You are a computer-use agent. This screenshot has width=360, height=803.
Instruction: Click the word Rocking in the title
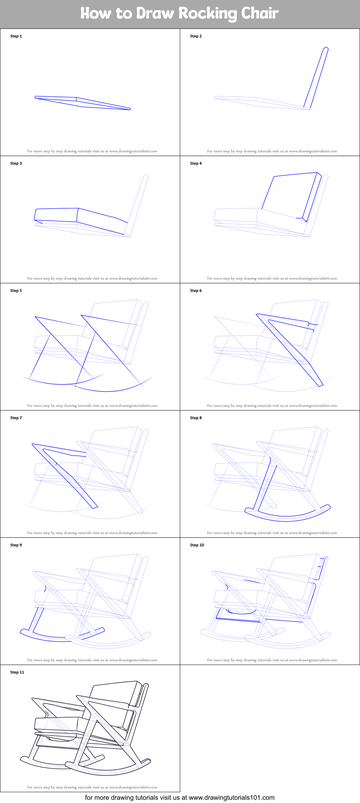[x=208, y=14]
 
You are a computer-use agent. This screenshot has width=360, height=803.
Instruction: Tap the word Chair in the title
[x=260, y=13]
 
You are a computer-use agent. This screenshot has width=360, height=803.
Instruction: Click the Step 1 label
[x=16, y=36]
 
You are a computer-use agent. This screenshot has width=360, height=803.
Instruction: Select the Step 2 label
[x=196, y=36]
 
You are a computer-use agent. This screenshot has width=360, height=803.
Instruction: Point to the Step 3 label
[x=16, y=163]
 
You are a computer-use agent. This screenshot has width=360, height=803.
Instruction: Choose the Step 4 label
[x=196, y=163]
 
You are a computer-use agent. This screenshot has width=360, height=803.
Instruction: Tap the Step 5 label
[x=16, y=290]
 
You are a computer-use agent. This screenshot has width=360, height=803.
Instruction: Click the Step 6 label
[x=196, y=290]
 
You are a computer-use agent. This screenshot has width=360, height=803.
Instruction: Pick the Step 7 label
[x=16, y=418]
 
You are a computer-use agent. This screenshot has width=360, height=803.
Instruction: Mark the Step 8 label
[x=196, y=418]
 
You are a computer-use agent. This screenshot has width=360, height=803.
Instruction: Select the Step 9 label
[x=16, y=545]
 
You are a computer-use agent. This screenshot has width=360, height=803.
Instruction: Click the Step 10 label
[x=197, y=545]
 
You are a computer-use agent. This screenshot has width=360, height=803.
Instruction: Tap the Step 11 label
[x=17, y=672]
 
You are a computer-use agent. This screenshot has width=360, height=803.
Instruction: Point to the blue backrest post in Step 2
[x=316, y=77]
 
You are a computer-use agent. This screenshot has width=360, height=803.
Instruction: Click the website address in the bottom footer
[x=232, y=798]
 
